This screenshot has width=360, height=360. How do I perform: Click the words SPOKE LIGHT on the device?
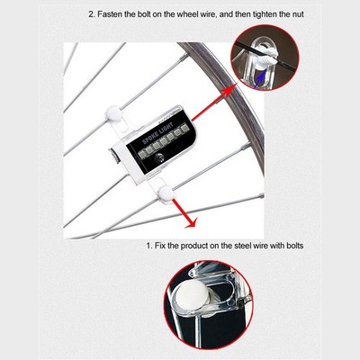tap(157, 132)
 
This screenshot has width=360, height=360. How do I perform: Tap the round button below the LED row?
tap(159, 157)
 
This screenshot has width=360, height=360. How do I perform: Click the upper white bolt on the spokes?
tap(113, 112)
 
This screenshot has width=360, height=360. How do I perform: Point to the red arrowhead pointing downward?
tap(191, 222)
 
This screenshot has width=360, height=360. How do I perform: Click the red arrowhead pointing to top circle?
tap(229, 91)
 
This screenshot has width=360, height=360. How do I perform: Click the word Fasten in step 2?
tap(109, 14)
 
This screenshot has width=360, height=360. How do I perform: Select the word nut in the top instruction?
tap(298, 14)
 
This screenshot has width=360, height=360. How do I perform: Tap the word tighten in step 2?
tap(265, 14)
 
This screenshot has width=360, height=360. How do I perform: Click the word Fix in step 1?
tap(160, 246)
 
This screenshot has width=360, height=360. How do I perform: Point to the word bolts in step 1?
tap(294, 246)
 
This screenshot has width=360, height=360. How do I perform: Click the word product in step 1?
tap(193, 246)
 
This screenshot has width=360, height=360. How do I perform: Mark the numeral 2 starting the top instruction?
tap(91, 14)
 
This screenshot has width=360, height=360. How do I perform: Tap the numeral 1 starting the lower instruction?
tap(148, 246)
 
